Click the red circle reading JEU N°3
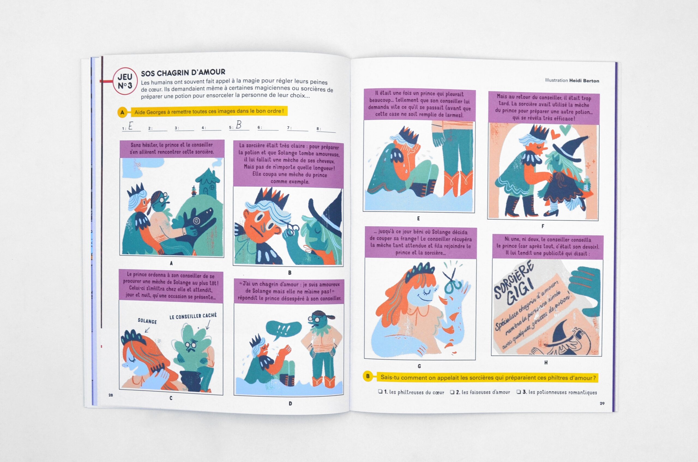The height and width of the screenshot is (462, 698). pyautogui.click(x=125, y=81)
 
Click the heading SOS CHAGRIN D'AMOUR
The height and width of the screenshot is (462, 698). pyautogui.click(x=183, y=72)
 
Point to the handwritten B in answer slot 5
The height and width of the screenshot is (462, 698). pyautogui.click(x=239, y=125)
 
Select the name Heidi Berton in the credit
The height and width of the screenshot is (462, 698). pyautogui.click(x=584, y=81)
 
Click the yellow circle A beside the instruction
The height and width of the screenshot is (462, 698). pyautogui.click(x=122, y=112)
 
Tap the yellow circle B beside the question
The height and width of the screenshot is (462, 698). pyautogui.click(x=368, y=376)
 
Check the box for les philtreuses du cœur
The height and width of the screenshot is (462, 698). pyautogui.click(x=380, y=392)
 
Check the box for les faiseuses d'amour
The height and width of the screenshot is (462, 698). pyautogui.click(x=452, y=392)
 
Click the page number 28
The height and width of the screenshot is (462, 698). pyautogui.click(x=111, y=395)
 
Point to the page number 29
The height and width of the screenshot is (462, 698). pyautogui.click(x=602, y=403)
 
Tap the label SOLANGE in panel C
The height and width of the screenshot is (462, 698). pyautogui.click(x=147, y=321)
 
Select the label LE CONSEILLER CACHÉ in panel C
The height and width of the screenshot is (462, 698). pyautogui.click(x=193, y=316)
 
